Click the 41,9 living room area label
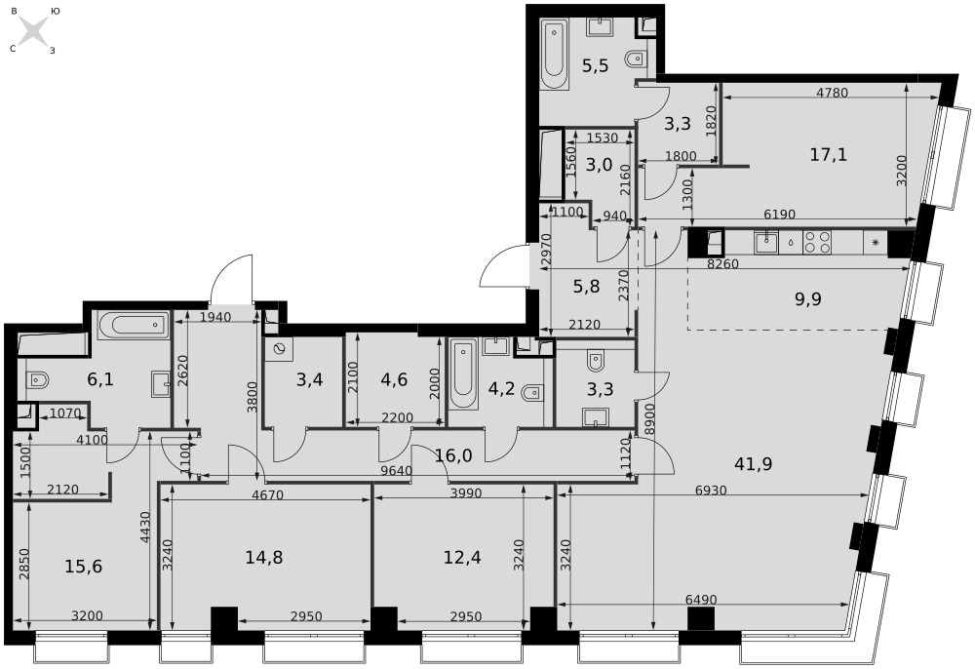753,464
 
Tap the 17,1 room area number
828,154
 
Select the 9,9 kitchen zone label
807,299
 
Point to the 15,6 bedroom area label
83,567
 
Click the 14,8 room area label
263,557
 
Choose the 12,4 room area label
462,557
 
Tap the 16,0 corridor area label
453,455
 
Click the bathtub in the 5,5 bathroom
554,54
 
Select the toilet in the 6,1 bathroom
38,379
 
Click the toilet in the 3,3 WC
596,360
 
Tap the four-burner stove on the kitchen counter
817,242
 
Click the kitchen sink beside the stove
766,242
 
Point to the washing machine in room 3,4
278,351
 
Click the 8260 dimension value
723,263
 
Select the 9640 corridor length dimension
396,471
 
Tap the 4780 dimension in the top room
832,93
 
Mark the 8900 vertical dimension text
649,418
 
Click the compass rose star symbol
32,30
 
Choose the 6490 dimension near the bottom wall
701,600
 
